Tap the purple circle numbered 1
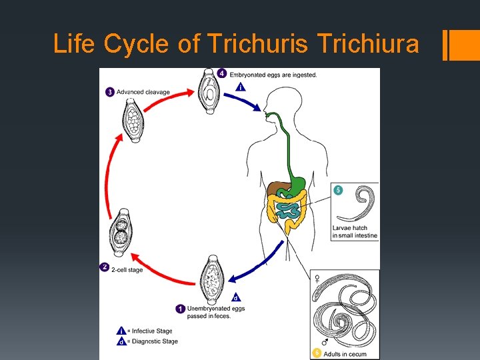180,309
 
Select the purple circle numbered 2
105,267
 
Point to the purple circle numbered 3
109,92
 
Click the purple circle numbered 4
222,73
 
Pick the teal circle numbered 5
339,191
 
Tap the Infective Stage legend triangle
121,331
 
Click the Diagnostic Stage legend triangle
121,341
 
